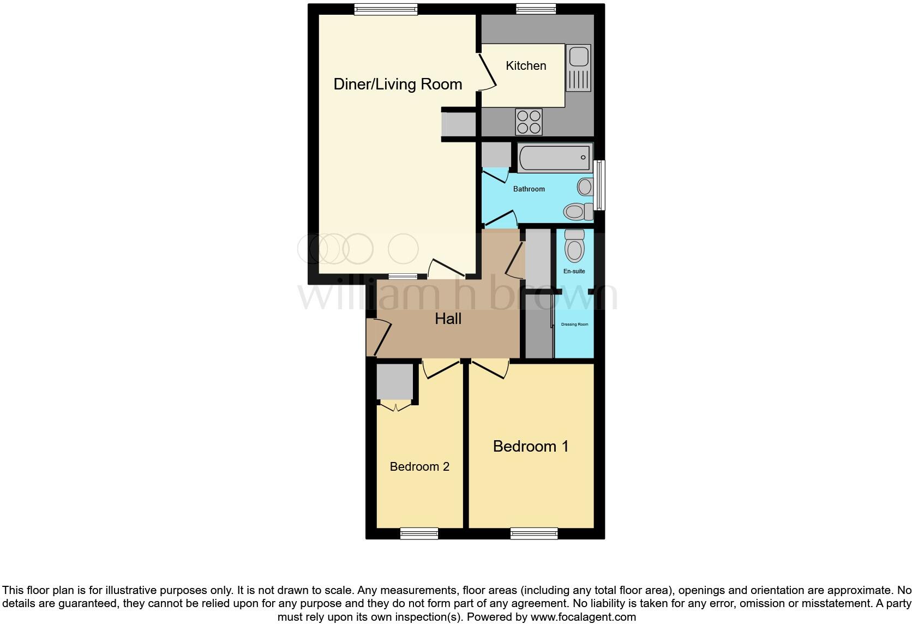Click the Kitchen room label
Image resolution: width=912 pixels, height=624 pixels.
point(526,66)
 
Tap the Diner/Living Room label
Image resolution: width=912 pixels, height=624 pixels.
point(398,84)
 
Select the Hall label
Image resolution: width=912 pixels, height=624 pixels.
point(448,319)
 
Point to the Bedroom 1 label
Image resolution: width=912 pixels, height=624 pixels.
point(531,446)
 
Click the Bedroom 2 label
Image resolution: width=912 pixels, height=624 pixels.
point(419,466)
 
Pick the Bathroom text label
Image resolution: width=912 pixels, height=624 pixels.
point(529,189)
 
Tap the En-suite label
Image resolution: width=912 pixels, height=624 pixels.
point(574,271)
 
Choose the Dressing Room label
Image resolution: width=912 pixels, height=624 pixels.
point(574,325)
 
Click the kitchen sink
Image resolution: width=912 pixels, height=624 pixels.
point(578,68)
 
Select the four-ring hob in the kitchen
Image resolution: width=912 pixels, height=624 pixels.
point(529,122)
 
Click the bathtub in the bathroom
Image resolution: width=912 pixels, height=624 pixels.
point(554,158)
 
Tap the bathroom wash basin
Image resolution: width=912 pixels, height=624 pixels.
point(585,187)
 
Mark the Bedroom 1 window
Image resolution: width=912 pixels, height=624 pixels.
point(534,533)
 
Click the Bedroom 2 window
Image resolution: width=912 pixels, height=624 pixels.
point(419,533)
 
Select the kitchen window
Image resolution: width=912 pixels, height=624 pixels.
point(536,9)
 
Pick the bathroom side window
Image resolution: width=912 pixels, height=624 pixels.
point(599,185)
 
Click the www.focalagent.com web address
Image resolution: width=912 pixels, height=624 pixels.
point(583,617)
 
